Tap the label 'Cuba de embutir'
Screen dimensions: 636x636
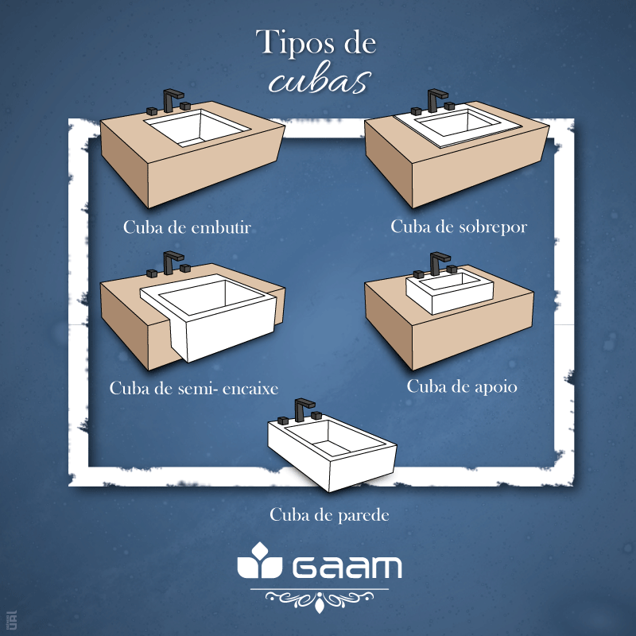tap(187, 227)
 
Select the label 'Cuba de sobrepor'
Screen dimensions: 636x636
tap(459, 227)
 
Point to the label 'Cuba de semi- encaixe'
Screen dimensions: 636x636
tap(194, 388)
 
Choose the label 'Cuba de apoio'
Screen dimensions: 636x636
tap(462, 386)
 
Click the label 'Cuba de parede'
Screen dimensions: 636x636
tap(329, 515)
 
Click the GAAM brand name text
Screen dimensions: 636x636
tap(347, 567)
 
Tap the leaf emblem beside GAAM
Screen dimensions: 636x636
tap(260, 560)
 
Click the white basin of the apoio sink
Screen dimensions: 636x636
tap(449, 292)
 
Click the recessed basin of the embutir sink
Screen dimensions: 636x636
tap(197, 127)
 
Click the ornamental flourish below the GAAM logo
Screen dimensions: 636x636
tap(320, 599)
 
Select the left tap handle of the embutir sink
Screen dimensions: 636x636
tap(152, 111)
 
